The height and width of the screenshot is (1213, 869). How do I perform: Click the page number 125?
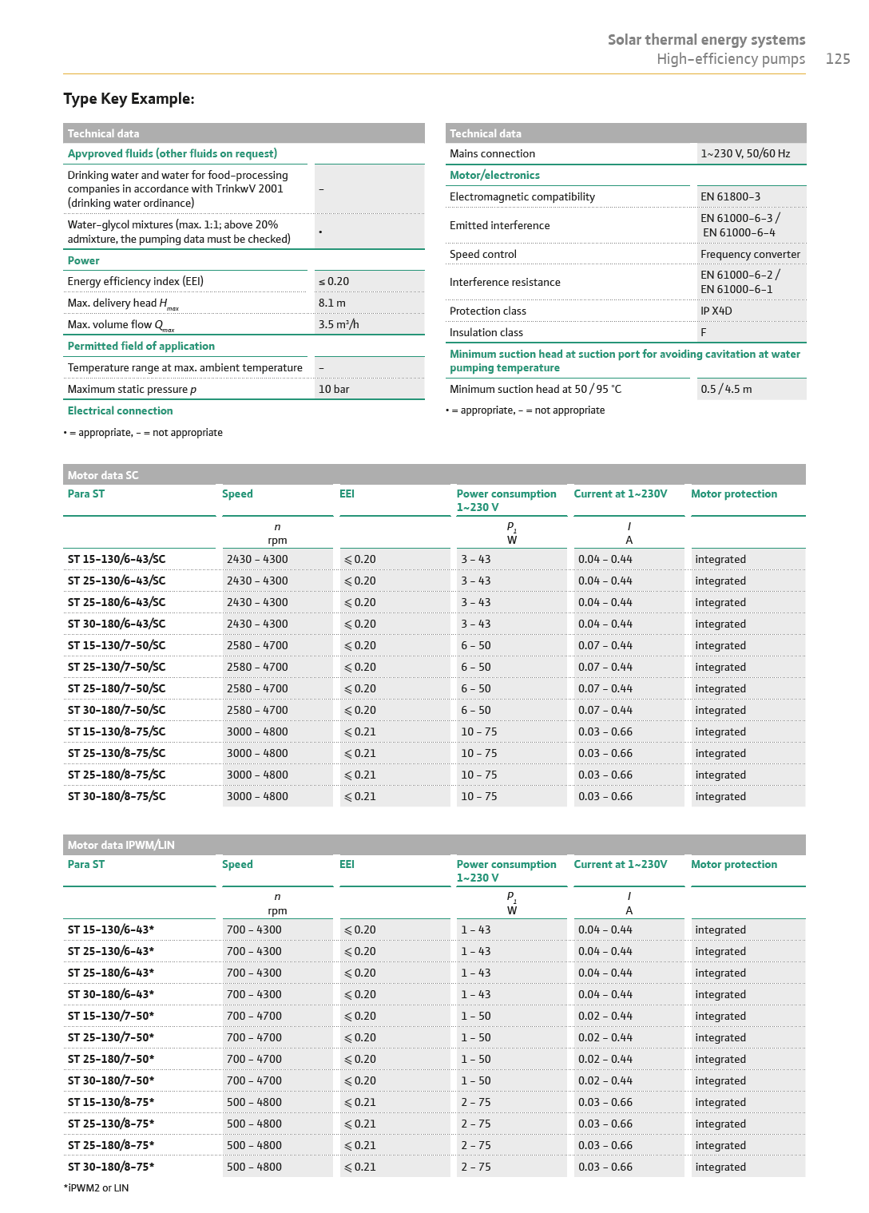(x=837, y=59)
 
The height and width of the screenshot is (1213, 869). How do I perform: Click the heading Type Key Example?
(x=129, y=99)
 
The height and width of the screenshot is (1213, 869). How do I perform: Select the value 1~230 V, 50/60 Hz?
(x=745, y=154)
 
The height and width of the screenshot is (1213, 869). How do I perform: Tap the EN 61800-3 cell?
(x=730, y=197)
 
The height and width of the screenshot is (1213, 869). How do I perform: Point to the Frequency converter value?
(x=750, y=255)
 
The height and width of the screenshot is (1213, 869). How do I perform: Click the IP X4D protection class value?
(x=716, y=311)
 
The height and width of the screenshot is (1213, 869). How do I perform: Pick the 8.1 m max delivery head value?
(x=332, y=303)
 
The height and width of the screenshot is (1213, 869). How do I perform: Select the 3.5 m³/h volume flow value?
(x=339, y=325)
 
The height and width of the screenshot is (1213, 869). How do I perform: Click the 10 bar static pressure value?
(x=334, y=390)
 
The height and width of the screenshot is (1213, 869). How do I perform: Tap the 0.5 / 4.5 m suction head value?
(x=726, y=390)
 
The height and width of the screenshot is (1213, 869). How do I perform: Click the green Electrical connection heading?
(x=120, y=411)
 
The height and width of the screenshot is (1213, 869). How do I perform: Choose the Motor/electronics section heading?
(x=494, y=176)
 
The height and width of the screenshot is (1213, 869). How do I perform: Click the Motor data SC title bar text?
(x=103, y=476)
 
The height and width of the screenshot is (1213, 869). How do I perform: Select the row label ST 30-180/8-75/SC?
(x=117, y=797)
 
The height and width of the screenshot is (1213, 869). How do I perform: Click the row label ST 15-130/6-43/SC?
(x=117, y=560)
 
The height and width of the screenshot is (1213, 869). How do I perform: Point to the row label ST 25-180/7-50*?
(x=111, y=1060)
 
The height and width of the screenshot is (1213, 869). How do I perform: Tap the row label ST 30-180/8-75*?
(x=111, y=1167)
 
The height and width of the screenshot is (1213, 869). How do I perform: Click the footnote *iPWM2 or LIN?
(x=96, y=1188)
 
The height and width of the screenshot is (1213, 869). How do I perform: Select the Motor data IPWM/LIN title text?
(x=121, y=846)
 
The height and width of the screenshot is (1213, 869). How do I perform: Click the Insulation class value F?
(x=704, y=333)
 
